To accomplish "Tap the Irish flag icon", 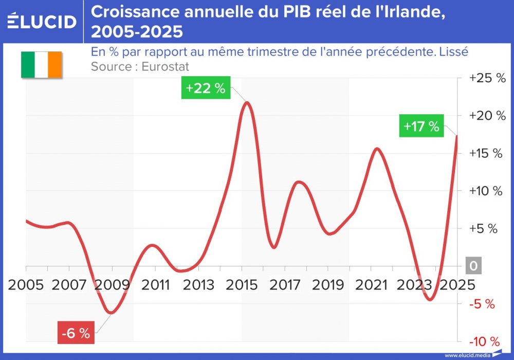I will tap(41, 65).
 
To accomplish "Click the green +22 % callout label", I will tap(206, 88).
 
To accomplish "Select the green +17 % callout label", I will tap(421, 127).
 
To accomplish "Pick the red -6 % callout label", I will tap(76, 333).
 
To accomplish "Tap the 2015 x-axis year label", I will tap(242, 284).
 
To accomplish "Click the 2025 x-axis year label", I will tap(456, 284).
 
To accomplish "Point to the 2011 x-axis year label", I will tap(155, 284).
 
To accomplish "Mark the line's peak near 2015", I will tap(247, 102).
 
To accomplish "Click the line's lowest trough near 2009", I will tap(111, 312).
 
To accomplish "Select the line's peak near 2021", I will tap(377, 149).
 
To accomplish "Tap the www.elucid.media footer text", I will tap(466, 355).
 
